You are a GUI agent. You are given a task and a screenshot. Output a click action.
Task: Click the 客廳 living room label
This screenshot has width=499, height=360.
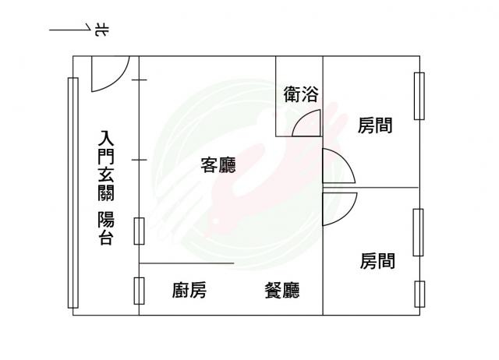pos(218,165)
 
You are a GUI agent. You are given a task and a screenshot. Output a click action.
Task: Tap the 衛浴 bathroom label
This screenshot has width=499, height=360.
pos(301,94)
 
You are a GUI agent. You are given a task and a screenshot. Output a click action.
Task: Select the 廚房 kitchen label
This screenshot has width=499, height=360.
pos(189,290)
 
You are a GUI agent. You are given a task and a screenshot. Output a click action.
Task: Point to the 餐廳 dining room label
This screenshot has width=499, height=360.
pos(282,290)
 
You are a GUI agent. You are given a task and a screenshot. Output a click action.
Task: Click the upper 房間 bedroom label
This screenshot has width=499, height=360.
pos(375,125)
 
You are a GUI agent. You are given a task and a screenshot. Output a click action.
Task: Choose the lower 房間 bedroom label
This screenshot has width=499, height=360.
pos(377,261)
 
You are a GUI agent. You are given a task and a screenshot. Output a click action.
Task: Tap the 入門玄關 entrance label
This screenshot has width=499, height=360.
pos(106,165)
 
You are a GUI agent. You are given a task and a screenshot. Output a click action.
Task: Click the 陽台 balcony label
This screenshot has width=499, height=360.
pos(106,228)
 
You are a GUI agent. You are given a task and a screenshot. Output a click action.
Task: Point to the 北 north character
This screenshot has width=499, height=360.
pos(102,30)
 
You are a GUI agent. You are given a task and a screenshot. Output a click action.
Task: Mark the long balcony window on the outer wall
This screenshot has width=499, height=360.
pos(73,192)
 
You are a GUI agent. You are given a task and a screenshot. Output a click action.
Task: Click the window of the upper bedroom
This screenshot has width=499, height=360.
pos(419,96)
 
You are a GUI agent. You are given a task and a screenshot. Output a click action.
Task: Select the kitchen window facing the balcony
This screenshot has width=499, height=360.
pos(139,291)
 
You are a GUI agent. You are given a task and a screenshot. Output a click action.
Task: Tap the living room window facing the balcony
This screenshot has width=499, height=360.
pos(139,231)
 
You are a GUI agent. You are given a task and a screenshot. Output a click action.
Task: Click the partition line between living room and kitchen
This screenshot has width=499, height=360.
pos(186,263)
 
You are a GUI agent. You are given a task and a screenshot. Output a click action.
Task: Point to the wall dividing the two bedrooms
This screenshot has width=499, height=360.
pos(371,188)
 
